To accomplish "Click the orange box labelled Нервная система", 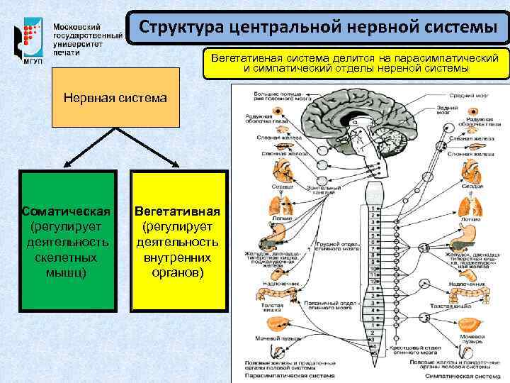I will pyautogui.click(x=115, y=97).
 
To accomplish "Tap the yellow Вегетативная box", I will pyautogui.click(x=178, y=241).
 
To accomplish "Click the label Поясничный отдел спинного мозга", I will pyautogui.click(x=332, y=304).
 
